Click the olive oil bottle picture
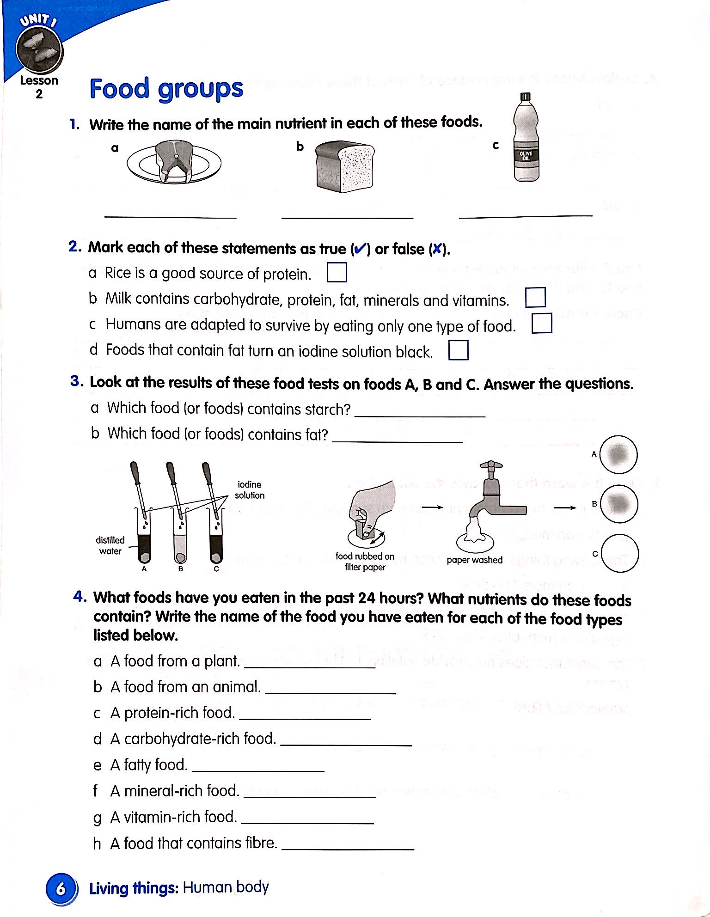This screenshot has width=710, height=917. (x=526, y=139)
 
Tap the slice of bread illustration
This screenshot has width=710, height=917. (x=345, y=167)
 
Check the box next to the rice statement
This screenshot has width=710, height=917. (x=337, y=272)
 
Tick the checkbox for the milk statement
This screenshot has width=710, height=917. (x=535, y=298)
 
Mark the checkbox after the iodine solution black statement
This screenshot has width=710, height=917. (x=458, y=350)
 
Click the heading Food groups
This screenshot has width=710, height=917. (x=166, y=89)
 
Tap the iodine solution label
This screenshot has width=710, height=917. (x=249, y=490)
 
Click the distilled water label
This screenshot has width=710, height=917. (x=110, y=545)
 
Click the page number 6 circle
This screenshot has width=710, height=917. (x=60, y=888)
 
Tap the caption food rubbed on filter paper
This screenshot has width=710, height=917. (x=365, y=562)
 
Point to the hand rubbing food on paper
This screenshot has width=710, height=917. (x=372, y=508)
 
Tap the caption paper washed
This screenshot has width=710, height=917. (x=474, y=560)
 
